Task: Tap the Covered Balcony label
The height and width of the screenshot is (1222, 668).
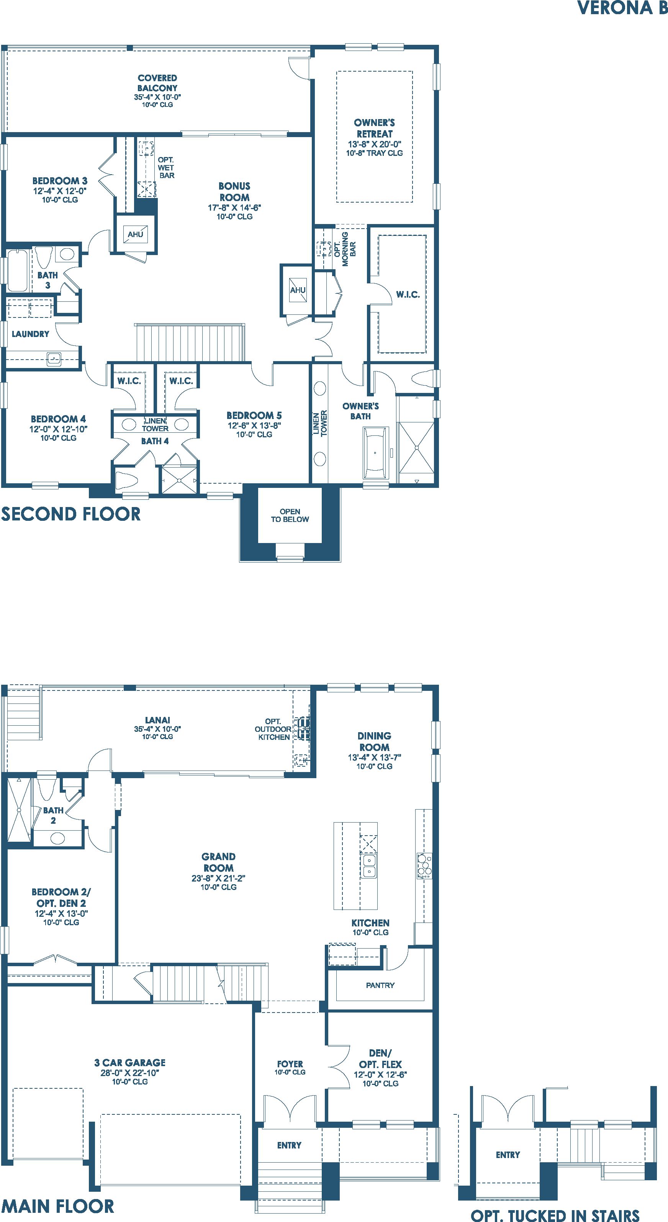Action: coord(157,83)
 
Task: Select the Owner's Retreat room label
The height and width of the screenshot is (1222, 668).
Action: coord(374,128)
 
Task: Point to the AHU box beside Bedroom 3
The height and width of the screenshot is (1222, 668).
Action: coord(135,234)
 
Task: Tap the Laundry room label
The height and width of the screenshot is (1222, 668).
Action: coord(30,334)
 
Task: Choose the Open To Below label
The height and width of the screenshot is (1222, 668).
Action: coord(290,515)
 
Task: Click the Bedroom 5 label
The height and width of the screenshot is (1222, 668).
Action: coord(254,415)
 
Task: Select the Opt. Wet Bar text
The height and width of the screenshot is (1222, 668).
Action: coord(166,167)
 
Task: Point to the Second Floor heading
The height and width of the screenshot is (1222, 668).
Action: coord(71,514)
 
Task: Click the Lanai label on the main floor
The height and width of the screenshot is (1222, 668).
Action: coord(157,720)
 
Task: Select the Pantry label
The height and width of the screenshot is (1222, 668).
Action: coord(380,985)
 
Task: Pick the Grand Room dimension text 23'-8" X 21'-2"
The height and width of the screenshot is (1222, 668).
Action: coord(218,878)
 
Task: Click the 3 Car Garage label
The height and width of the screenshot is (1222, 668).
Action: coord(129,1063)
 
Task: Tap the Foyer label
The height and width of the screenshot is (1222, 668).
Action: coord(290,1064)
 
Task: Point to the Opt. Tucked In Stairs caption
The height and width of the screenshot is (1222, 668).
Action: coord(555,1215)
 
